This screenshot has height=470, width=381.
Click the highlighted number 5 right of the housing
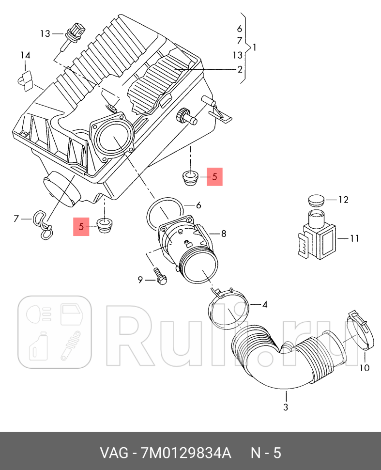(214, 177)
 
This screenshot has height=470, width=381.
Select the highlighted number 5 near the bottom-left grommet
(81, 226)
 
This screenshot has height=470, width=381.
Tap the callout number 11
(355, 238)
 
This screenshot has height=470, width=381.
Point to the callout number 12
(343, 199)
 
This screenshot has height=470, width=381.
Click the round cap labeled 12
(316, 200)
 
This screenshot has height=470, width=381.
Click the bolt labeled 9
(159, 275)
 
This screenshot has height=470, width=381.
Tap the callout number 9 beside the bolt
(140, 280)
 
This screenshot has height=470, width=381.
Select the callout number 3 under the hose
(285, 407)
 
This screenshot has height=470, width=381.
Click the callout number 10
(364, 368)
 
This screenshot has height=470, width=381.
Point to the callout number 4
(265, 304)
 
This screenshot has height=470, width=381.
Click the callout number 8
(223, 234)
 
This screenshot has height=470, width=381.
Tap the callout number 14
(25, 55)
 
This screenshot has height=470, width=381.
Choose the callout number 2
(240, 69)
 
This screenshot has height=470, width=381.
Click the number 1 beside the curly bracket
(255, 47)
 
